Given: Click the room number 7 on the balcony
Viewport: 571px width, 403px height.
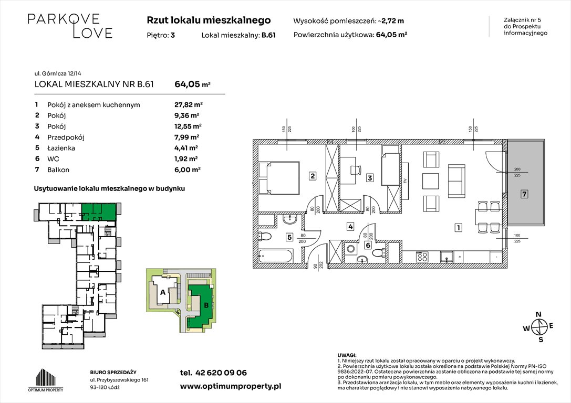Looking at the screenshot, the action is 524,194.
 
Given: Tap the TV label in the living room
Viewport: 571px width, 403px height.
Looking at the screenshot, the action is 405,181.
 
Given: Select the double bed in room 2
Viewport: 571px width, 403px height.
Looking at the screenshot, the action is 279,178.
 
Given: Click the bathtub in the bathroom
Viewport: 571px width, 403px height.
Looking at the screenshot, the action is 275,256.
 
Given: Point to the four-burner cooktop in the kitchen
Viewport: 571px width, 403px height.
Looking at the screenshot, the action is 422,257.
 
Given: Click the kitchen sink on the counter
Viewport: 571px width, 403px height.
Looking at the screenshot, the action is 447,257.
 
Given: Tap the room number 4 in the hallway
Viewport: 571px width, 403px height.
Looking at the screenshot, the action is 350,227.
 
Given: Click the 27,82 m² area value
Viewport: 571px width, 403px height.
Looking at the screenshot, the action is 188,105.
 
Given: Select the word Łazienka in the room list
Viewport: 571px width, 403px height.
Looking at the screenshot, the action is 61,147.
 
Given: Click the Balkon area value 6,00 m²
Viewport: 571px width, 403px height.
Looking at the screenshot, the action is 188,169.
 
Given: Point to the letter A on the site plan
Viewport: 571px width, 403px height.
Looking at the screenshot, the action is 163,292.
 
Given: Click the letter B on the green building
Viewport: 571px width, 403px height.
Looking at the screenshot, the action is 206,305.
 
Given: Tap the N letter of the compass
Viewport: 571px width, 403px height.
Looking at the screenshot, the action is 538,315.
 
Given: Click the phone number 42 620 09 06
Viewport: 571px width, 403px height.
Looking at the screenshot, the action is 221,373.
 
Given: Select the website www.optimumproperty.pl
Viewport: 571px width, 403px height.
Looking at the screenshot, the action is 231,386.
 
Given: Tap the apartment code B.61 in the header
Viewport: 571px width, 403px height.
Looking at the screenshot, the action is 268,35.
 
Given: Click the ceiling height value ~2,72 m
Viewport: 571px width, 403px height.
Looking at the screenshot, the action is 391,21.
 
